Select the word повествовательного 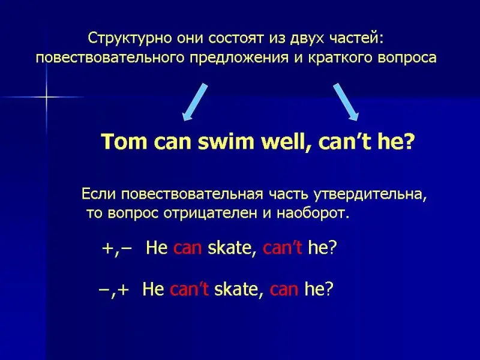click(x=110, y=57)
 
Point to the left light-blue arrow click(x=194, y=102)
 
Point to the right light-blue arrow click(x=346, y=102)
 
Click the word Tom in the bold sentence click(x=124, y=142)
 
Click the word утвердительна click(x=371, y=194)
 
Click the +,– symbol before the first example click(x=117, y=248)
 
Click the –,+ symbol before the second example click(x=114, y=290)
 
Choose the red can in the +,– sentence click(x=188, y=248)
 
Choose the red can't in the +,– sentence click(x=283, y=247)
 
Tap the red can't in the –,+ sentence click(x=189, y=289)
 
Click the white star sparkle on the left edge click(x=47, y=97)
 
